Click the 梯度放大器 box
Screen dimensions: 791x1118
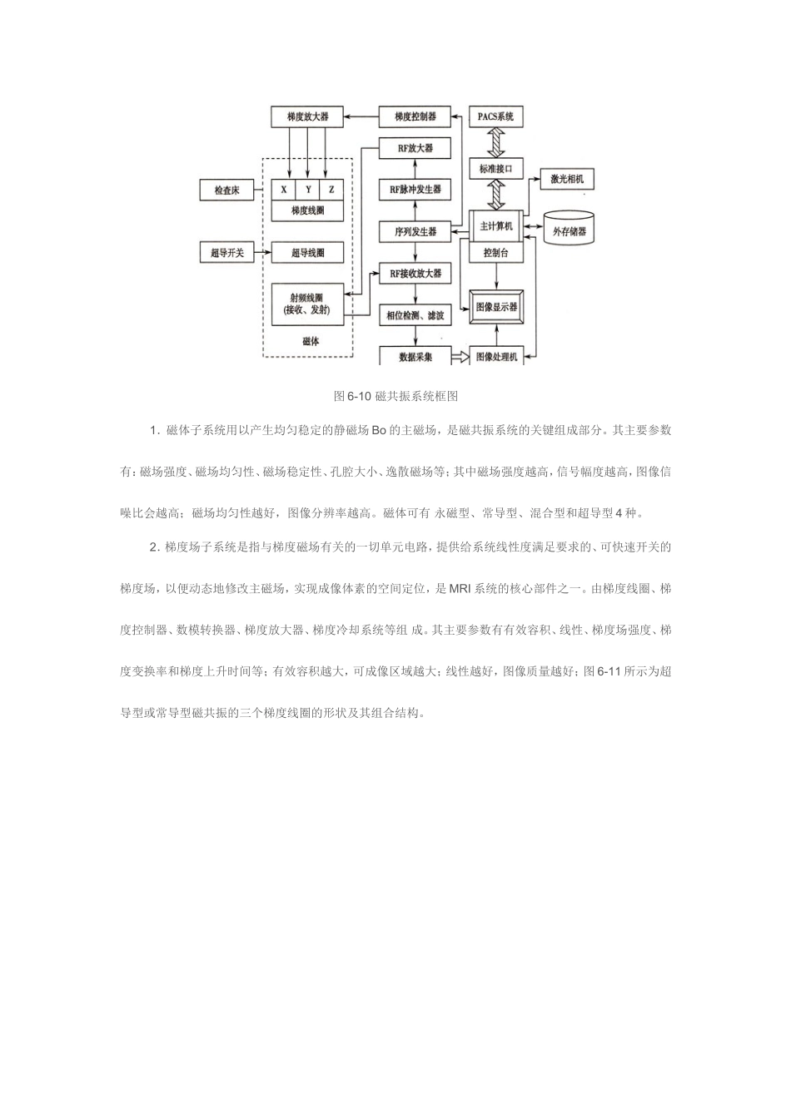point(307,117)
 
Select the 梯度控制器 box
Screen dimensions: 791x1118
point(415,117)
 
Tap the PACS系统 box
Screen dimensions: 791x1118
point(496,117)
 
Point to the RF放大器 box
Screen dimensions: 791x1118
point(415,149)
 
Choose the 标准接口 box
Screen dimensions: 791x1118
point(496,170)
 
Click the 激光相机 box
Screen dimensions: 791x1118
point(567,179)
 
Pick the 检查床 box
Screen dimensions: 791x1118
point(226,190)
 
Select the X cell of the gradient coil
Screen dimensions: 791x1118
point(284,190)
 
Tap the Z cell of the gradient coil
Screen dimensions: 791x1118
point(331,190)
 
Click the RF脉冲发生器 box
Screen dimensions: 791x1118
point(415,190)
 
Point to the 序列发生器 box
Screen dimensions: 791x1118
point(415,231)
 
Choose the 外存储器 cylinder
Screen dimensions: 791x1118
point(570,231)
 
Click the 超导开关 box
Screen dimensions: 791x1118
point(226,252)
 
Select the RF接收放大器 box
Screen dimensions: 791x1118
point(415,274)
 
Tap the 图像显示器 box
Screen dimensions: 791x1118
point(496,307)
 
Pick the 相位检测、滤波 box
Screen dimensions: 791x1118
point(415,315)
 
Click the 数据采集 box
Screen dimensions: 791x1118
point(415,356)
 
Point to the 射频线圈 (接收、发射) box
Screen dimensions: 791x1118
point(307,304)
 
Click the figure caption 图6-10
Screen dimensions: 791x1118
point(395,395)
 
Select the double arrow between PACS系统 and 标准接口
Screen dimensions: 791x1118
point(496,143)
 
